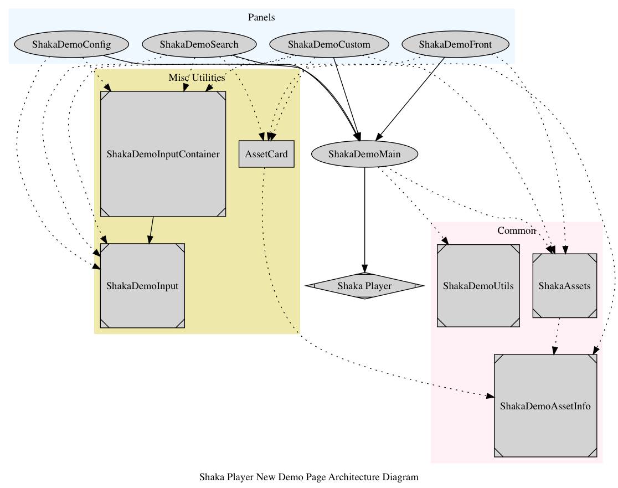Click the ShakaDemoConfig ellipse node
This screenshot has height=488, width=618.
click(71, 44)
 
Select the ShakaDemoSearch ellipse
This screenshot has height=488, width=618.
click(199, 44)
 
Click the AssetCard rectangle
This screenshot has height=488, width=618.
click(266, 154)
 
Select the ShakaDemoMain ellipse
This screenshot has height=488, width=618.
click(364, 154)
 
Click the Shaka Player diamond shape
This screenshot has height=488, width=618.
click(364, 286)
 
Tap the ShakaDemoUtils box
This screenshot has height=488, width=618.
click(478, 286)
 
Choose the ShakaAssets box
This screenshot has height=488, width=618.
click(564, 286)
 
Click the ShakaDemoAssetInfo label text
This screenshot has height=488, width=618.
click(545, 406)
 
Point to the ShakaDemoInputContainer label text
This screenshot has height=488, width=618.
click(163, 154)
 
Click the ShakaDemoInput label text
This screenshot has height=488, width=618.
click(142, 286)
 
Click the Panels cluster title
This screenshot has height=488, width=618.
click(262, 17)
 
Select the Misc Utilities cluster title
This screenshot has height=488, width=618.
click(197, 78)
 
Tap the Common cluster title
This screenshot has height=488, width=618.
click(516, 230)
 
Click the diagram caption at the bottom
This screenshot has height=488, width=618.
click(308, 476)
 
